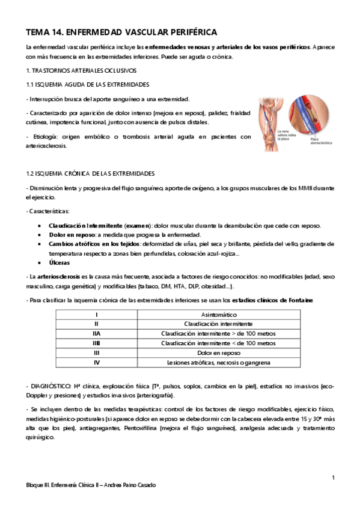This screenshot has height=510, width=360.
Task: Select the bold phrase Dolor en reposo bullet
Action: pyautogui.click(x=70, y=235)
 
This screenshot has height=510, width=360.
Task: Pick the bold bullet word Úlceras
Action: pyautogui.click(x=59, y=263)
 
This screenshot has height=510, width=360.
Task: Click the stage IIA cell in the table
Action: pyautogui.click(x=96, y=333)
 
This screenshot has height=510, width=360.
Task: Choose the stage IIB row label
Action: pyautogui.click(x=96, y=343)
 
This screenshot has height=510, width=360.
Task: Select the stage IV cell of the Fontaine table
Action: pyautogui.click(x=96, y=362)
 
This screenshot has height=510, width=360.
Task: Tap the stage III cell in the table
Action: pyautogui.click(x=96, y=352)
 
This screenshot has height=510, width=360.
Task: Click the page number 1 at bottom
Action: pyautogui.click(x=332, y=478)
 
